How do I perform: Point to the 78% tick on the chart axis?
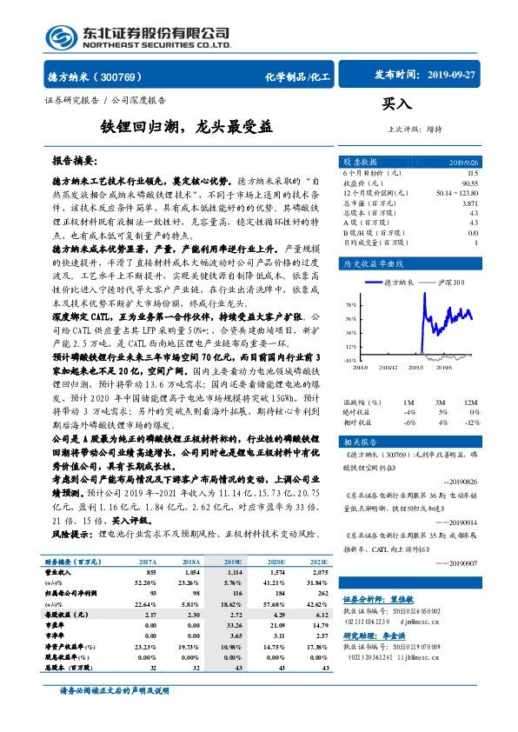[349, 305]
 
